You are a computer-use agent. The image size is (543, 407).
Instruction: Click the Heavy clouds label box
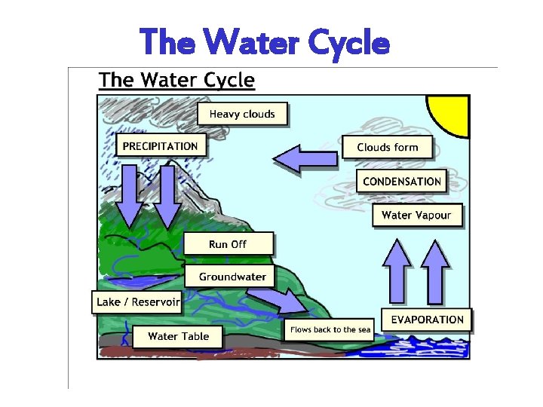click(242, 114)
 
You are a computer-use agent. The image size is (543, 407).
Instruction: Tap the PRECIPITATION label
click(160, 146)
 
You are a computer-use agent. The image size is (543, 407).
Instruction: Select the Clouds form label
click(387, 147)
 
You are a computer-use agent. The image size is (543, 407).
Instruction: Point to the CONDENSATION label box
click(401, 182)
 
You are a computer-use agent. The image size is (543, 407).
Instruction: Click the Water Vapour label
click(416, 216)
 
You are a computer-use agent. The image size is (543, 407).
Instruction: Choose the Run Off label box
click(228, 244)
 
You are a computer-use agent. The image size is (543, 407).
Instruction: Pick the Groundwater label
click(232, 277)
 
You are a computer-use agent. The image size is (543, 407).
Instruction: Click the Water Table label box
click(178, 336)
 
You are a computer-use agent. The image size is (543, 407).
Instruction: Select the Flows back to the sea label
click(330, 330)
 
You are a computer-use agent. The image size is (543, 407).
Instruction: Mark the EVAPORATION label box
click(427, 320)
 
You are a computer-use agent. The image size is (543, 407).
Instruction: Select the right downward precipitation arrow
click(167, 195)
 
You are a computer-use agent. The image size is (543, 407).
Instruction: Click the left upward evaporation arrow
click(397, 271)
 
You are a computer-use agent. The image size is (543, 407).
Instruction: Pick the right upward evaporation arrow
click(434, 271)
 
